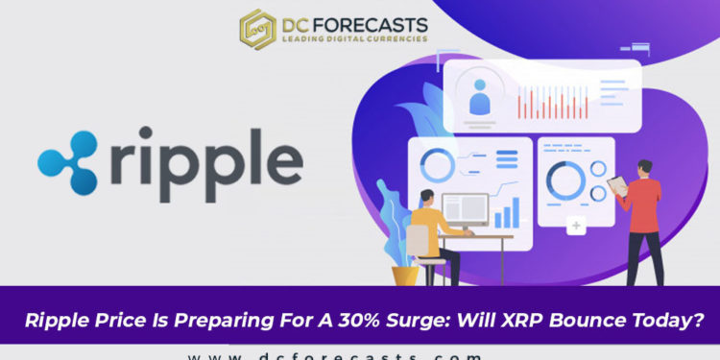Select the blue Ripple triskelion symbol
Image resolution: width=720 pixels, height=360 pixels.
(68, 159)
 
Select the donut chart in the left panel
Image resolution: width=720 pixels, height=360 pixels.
(438, 165)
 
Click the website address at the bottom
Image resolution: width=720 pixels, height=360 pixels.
(335, 354)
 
